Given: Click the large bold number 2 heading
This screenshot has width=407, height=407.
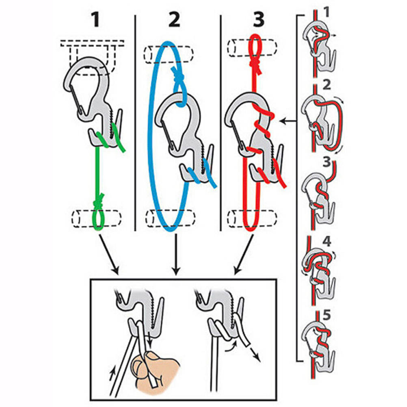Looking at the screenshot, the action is (174, 20).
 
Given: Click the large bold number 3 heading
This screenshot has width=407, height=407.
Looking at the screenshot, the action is (258, 20).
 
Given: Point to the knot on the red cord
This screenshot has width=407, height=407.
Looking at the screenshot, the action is (255, 63).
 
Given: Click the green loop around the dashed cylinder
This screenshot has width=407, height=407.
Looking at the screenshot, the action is (99, 218).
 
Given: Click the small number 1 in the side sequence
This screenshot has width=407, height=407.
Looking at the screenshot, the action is (326, 12).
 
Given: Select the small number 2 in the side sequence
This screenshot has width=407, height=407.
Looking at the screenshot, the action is (327, 85).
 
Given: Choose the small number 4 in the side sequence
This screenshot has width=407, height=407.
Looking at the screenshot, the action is (327, 241).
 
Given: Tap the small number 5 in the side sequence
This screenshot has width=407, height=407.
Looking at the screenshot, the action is (326, 315).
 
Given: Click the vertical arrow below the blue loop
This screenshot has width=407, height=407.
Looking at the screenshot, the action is (176, 254).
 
